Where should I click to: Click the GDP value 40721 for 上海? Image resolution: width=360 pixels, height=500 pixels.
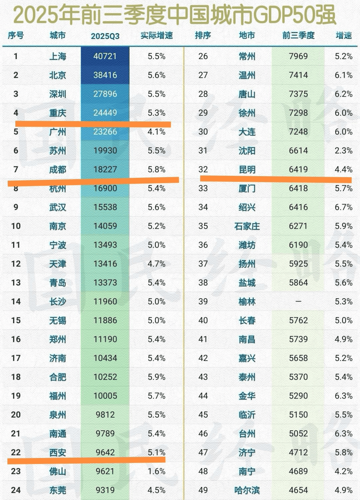105,56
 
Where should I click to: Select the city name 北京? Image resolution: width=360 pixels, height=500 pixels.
58,75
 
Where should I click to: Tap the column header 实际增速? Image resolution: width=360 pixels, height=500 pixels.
156,36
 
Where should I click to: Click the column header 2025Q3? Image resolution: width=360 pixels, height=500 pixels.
105,36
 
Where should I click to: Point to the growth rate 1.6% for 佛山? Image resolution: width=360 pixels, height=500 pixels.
156,471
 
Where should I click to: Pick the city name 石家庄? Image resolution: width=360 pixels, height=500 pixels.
247,226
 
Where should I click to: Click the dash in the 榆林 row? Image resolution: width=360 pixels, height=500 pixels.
298,302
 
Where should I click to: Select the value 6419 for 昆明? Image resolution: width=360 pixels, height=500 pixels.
298,169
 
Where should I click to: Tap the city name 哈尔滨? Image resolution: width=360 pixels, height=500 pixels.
247,490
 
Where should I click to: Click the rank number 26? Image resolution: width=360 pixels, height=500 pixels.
203,56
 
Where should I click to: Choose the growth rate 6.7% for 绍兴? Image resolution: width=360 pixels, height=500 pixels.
344,207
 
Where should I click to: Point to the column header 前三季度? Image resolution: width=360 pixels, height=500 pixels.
298,35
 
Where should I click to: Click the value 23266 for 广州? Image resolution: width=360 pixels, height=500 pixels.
105,132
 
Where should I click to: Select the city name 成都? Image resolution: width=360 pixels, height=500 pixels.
58,170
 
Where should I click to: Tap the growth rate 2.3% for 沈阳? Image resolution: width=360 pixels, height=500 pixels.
344,150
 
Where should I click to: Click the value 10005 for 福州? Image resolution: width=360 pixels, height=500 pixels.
105,396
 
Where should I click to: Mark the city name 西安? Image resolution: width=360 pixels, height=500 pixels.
58,453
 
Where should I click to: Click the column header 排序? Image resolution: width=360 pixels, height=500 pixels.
203,35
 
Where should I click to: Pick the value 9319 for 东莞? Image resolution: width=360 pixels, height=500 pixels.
105,490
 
